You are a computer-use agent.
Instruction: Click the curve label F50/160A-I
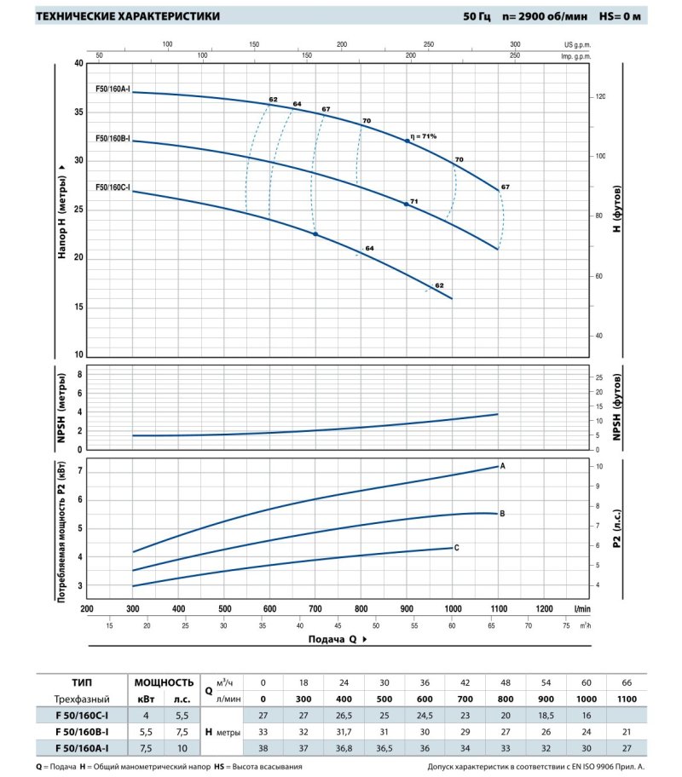[x=113, y=89]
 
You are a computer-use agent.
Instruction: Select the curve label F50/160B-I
[x=113, y=138]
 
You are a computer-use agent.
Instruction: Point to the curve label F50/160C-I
[x=113, y=187]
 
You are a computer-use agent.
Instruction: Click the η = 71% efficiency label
[x=423, y=136]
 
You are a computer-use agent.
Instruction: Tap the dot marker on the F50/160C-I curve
[x=315, y=233]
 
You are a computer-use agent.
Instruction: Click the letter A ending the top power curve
[x=503, y=466]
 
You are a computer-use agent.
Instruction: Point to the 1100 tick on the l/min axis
[x=498, y=609]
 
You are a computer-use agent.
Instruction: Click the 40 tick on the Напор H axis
[x=79, y=64]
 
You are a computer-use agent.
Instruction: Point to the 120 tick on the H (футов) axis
[x=599, y=97]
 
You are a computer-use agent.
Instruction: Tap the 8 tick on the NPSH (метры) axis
[x=81, y=374]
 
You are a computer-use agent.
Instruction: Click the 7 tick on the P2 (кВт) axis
[x=81, y=470]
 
